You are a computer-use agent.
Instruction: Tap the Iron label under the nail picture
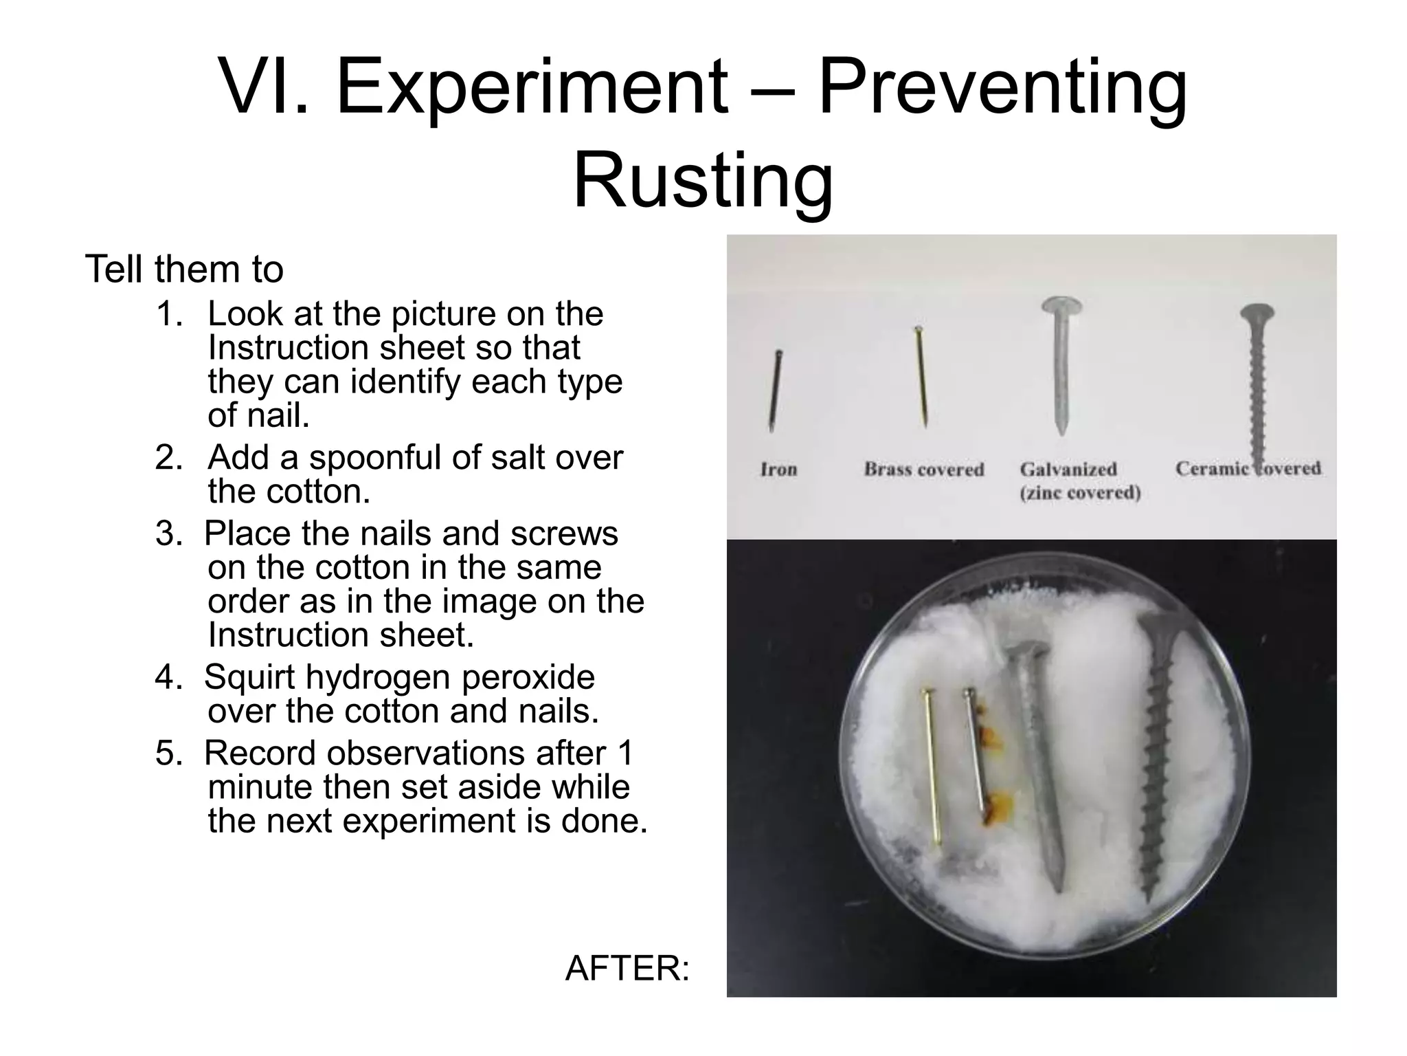[x=778, y=470]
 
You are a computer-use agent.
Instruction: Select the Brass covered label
[x=924, y=470]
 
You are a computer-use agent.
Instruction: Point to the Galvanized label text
[x=1068, y=470]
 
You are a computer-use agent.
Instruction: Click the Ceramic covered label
[x=1248, y=469]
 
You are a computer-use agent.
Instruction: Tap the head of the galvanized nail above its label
[x=1061, y=307]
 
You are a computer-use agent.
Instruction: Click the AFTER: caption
[x=627, y=969]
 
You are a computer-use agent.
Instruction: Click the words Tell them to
[x=184, y=269]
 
